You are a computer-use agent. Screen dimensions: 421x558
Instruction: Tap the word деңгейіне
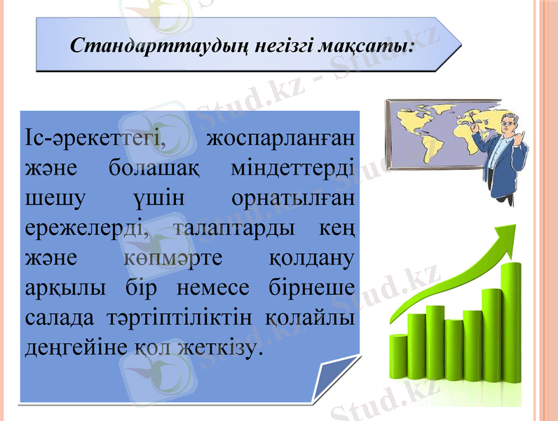(x=67, y=348)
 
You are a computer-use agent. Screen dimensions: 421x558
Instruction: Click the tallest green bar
(x=512, y=330)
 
